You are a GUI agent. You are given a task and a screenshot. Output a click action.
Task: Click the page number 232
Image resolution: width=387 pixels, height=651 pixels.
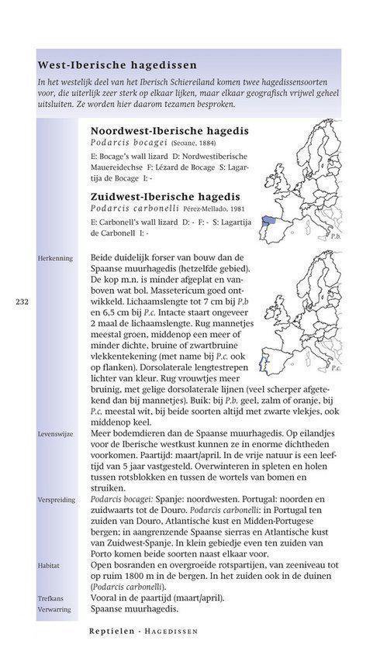point(22,302)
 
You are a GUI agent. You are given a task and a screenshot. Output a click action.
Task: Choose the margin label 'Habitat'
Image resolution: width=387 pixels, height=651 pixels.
point(49,566)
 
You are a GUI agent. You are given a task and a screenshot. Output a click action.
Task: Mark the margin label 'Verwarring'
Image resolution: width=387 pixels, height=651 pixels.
point(54,609)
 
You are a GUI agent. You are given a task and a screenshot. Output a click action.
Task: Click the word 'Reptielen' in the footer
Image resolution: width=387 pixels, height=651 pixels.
point(115,632)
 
